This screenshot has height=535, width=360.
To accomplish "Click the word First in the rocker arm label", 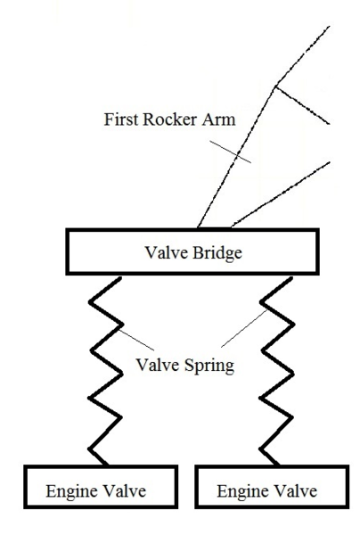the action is point(121,119).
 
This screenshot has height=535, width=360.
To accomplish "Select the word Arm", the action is point(218,119).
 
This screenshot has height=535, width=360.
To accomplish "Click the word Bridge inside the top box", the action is point(217,253).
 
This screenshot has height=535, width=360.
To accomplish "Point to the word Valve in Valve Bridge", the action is point(167,253).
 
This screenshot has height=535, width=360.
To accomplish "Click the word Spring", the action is point(209,366).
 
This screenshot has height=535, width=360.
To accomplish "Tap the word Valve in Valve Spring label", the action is point(158,365).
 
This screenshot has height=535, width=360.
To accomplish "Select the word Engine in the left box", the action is point(72,492).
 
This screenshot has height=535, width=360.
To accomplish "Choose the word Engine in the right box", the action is point(243,492).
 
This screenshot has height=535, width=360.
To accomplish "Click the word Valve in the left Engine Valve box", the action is point(125,491).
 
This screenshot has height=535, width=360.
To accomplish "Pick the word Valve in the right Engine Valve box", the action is point(296,491).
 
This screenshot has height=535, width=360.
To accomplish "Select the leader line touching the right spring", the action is point(244,328).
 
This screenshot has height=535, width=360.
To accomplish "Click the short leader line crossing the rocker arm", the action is point(231,152).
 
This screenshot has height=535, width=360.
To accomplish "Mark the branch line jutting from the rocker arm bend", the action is point(302,105).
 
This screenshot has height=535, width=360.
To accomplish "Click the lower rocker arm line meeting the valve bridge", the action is point(281,194).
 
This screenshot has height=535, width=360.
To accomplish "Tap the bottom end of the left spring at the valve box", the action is point(107,465).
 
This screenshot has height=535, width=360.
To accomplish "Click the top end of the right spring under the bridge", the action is point(291,277).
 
